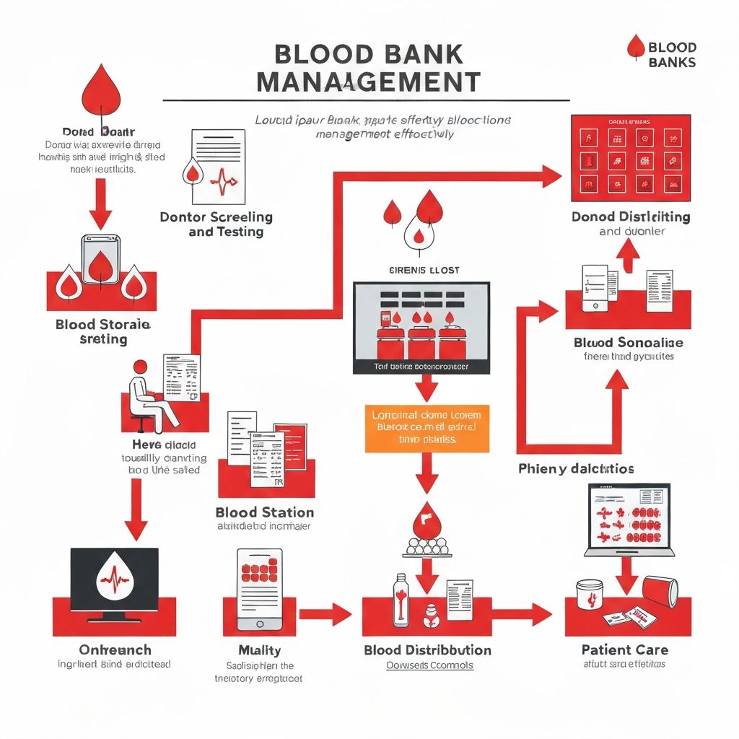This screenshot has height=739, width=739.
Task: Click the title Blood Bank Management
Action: (368, 69)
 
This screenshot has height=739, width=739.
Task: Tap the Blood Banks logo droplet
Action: (636, 46)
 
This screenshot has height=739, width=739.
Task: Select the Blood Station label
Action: (265, 512)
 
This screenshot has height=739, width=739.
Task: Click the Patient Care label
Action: (625, 650)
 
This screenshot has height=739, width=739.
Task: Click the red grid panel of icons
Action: (631, 158)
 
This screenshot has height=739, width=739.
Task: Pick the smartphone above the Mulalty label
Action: (260, 589)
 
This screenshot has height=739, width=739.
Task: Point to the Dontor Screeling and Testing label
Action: (216, 224)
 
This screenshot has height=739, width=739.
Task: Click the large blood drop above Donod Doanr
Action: (100, 90)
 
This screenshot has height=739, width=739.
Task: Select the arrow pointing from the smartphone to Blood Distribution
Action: (325, 614)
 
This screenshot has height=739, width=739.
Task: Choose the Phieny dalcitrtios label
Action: (576, 469)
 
